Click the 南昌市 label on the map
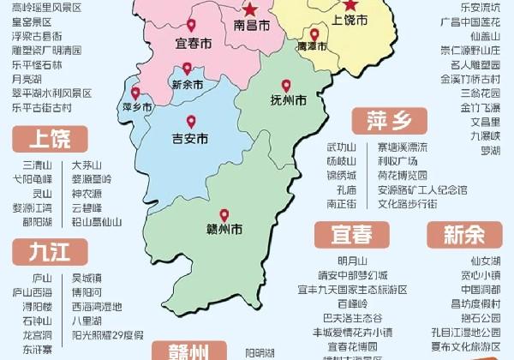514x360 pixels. [252, 27]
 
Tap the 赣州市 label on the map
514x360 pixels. [224, 230]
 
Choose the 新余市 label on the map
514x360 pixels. [188, 84]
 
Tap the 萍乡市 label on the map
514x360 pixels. [137, 107]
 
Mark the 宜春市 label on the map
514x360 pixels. [192, 42]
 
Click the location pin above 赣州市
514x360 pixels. [224, 214]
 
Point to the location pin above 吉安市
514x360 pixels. [191, 121]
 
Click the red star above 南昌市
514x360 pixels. [249, 10]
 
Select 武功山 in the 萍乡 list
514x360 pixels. [341, 147]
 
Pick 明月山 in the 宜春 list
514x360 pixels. [352, 261]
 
